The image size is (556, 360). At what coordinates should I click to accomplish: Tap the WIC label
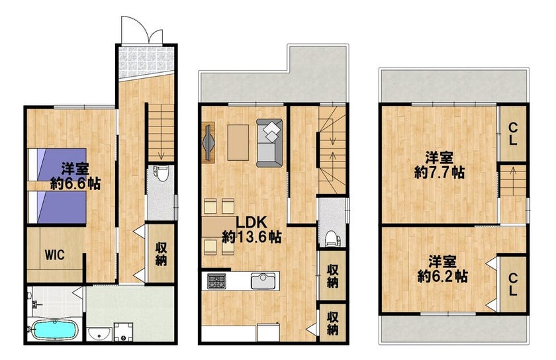[x=54, y=254]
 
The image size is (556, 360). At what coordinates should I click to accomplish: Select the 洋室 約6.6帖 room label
[x=75, y=176]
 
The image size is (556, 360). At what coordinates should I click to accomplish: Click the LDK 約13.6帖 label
[x=252, y=230]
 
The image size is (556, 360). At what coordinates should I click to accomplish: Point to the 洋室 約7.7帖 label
[x=440, y=165]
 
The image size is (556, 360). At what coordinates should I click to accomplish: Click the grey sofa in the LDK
[x=269, y=143]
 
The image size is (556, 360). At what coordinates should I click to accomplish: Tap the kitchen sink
[x=263, y=281]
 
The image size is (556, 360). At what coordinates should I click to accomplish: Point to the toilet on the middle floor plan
[x=331, y=238]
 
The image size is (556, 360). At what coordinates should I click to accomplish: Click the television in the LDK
[x=208, y=142]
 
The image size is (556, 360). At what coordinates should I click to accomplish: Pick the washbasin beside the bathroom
[x=99, y=334]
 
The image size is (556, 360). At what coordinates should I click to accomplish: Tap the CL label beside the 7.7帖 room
[x=512, y=134]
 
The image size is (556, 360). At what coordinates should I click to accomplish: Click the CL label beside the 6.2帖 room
[x=512, y=284]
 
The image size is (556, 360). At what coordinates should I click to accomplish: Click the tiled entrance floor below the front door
[x=146, y=62]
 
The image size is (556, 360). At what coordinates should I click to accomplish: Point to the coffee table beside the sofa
[x=238, y=142]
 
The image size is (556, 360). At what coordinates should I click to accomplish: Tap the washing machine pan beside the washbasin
[x=123, y=332]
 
